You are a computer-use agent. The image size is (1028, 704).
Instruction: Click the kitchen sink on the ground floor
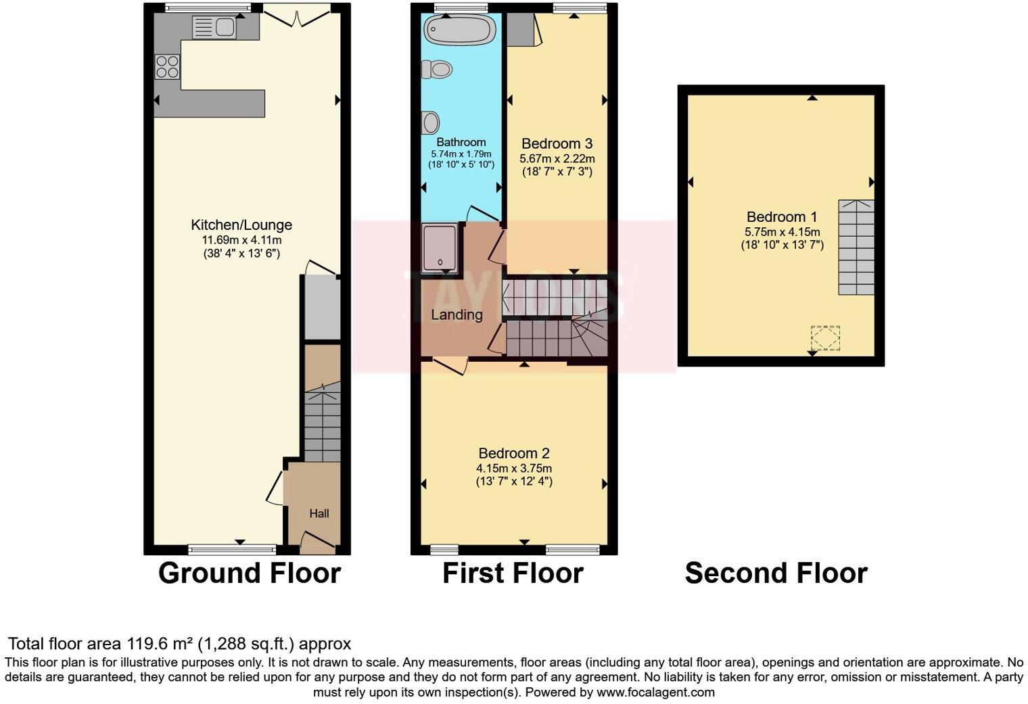pos(214,28)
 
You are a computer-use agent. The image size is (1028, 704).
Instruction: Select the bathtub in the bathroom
pos(460,30)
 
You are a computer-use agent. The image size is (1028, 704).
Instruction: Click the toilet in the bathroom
pos(437,69)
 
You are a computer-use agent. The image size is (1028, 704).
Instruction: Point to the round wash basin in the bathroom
pos(430,123)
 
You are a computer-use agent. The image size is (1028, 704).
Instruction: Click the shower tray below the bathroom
pos(440,248)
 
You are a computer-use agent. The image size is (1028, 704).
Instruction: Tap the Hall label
pos(319,513)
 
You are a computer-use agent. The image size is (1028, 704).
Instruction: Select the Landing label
pos(457,314)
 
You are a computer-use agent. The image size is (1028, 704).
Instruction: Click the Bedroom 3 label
pos(557,143)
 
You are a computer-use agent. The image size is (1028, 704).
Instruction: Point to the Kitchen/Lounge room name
pos(241,225)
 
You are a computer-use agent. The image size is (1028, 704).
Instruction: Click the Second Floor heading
pos(776,573)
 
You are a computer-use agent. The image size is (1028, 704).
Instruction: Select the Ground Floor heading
pos(249,573)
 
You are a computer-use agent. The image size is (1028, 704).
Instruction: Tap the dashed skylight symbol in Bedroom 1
pos(825,337)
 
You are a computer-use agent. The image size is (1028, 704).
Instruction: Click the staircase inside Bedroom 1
pos(856,247)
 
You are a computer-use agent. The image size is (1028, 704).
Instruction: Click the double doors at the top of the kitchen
pos(296,15)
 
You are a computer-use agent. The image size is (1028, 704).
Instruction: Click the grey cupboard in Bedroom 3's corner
pos(519,29)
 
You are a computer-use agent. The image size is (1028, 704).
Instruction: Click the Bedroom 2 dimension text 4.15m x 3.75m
pos(514,469)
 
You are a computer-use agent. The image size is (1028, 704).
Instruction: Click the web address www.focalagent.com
pos(655,693)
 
